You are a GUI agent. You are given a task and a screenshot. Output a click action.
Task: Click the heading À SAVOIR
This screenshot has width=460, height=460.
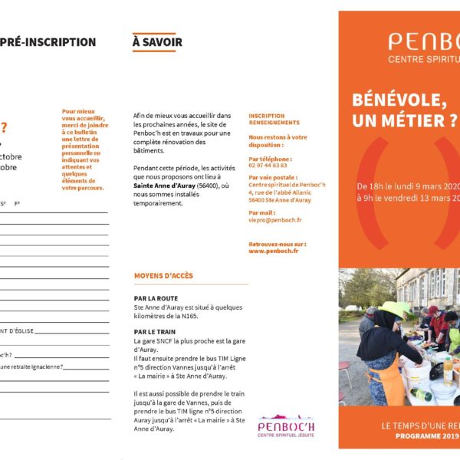pyautogui.click(x=157, y=42)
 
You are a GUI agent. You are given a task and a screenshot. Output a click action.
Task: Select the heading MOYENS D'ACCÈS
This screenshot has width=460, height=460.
pyautogui.click(x=163, y=276)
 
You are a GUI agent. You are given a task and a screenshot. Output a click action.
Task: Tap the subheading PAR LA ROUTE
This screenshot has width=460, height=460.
pyautogui.click(x=156, y=298)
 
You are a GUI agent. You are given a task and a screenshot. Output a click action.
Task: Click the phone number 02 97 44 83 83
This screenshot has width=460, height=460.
pyautogui.click(x=268, y=165)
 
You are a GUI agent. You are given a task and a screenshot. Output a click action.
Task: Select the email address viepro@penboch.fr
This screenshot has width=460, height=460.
pyautogui.click(x=274, y=220)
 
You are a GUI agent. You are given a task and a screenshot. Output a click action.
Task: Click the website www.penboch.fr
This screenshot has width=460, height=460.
pyautogui.click(x=273, y=251)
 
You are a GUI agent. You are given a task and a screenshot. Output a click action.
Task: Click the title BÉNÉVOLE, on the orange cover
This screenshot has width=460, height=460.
pyautogui.click(x=399, y=100)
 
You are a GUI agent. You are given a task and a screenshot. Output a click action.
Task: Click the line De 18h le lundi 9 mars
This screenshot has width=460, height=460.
pyautogui.click(x=407, y=186)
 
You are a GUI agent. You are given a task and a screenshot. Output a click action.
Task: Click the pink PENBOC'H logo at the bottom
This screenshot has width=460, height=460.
pyautogui.click(x=284, y=426)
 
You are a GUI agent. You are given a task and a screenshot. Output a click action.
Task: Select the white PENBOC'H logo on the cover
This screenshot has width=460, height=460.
pyautogui.click(x=422, y=42)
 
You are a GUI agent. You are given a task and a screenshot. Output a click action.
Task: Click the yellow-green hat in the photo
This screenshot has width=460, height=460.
pyautogui.click(x=393, y=308)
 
